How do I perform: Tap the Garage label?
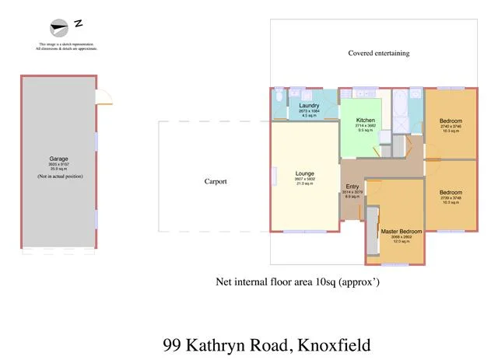click(x=58, y=160)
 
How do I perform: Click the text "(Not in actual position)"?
click(x=58, y=177)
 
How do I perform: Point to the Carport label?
click(x=216, y=181)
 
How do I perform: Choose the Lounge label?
click(x=304, y=173)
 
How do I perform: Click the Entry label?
click(x=353, y=187)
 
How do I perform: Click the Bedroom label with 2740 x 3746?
click(x=451, y=121)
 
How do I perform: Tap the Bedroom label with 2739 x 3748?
click(x=451, y=192)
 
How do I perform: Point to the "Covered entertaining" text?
click(x=378, y=54)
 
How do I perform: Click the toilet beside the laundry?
click(x=279, y=97)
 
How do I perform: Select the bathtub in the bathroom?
click(x=401, y=100)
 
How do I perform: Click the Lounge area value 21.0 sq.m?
click(x=304, y=184)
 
